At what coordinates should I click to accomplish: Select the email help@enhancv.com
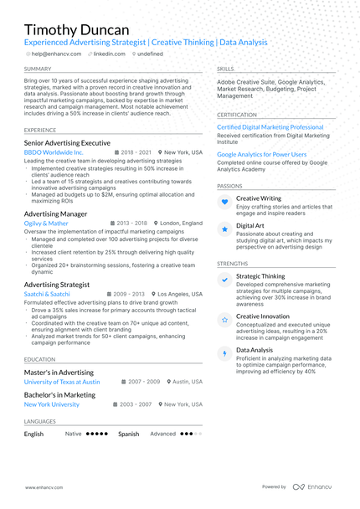(56, 54)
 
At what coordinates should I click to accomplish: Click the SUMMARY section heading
(38, 69)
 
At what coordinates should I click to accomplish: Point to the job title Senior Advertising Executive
(67, 143)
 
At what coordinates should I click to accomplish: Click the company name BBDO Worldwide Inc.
(54, 153)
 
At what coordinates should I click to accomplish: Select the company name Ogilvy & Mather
(46, 224)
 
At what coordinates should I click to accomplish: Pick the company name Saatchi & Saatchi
(47, 294)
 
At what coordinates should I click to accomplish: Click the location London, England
(181, 224)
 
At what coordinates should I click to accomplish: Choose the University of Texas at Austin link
(62, 381)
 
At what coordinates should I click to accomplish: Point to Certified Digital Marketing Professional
(270, 127)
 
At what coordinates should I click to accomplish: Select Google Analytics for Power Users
(261, 155)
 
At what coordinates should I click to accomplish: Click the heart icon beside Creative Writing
(224, 202)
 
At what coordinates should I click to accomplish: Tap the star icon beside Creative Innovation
(224, 320)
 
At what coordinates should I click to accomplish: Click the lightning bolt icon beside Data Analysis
(224, 354)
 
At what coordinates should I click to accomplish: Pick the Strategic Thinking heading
(260, 275)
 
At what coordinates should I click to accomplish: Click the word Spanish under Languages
(128, 434)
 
